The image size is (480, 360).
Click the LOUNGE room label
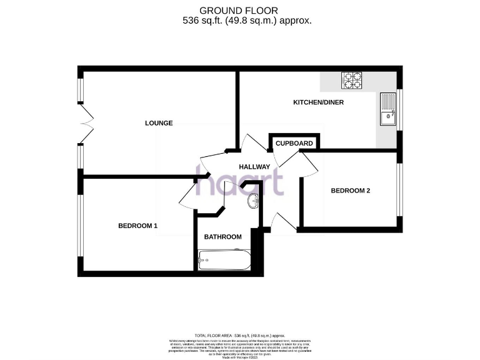pos(159,123)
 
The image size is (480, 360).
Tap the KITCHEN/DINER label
pos(319,102)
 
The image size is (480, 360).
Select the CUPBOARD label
pos(294,144)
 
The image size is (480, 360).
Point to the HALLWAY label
pos(254,167)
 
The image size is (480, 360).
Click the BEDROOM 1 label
pos(137,226)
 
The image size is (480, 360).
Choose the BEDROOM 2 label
pos(351,191)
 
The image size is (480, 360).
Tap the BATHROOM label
pos(223,237)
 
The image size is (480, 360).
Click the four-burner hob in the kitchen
pos(352,81)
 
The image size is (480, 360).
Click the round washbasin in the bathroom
pos(253,201)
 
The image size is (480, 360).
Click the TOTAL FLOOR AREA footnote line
pos(239,336)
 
